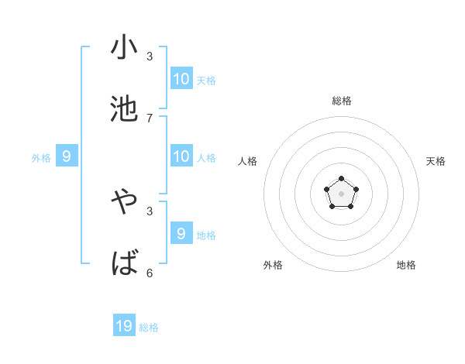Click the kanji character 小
point(124,48)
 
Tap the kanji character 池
point(124,109)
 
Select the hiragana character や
point(124,203)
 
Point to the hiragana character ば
point(124,264)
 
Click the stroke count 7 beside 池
point(150,118)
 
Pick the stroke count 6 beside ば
point(150,273)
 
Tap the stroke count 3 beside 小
point(150,57)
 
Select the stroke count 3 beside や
point(150,211)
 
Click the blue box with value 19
point(124,326)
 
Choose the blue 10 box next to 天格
point(181,78)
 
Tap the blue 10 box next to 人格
point(181,156)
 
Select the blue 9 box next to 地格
point(181,233)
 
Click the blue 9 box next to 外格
point(67,156)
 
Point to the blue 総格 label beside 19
point(149,328)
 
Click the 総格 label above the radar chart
point(341,101)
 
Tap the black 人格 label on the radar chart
point(248,161)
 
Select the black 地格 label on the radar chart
point(406,265)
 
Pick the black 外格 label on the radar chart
point(273,265)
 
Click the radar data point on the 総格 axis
point(341,179)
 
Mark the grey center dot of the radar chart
point(341,194)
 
